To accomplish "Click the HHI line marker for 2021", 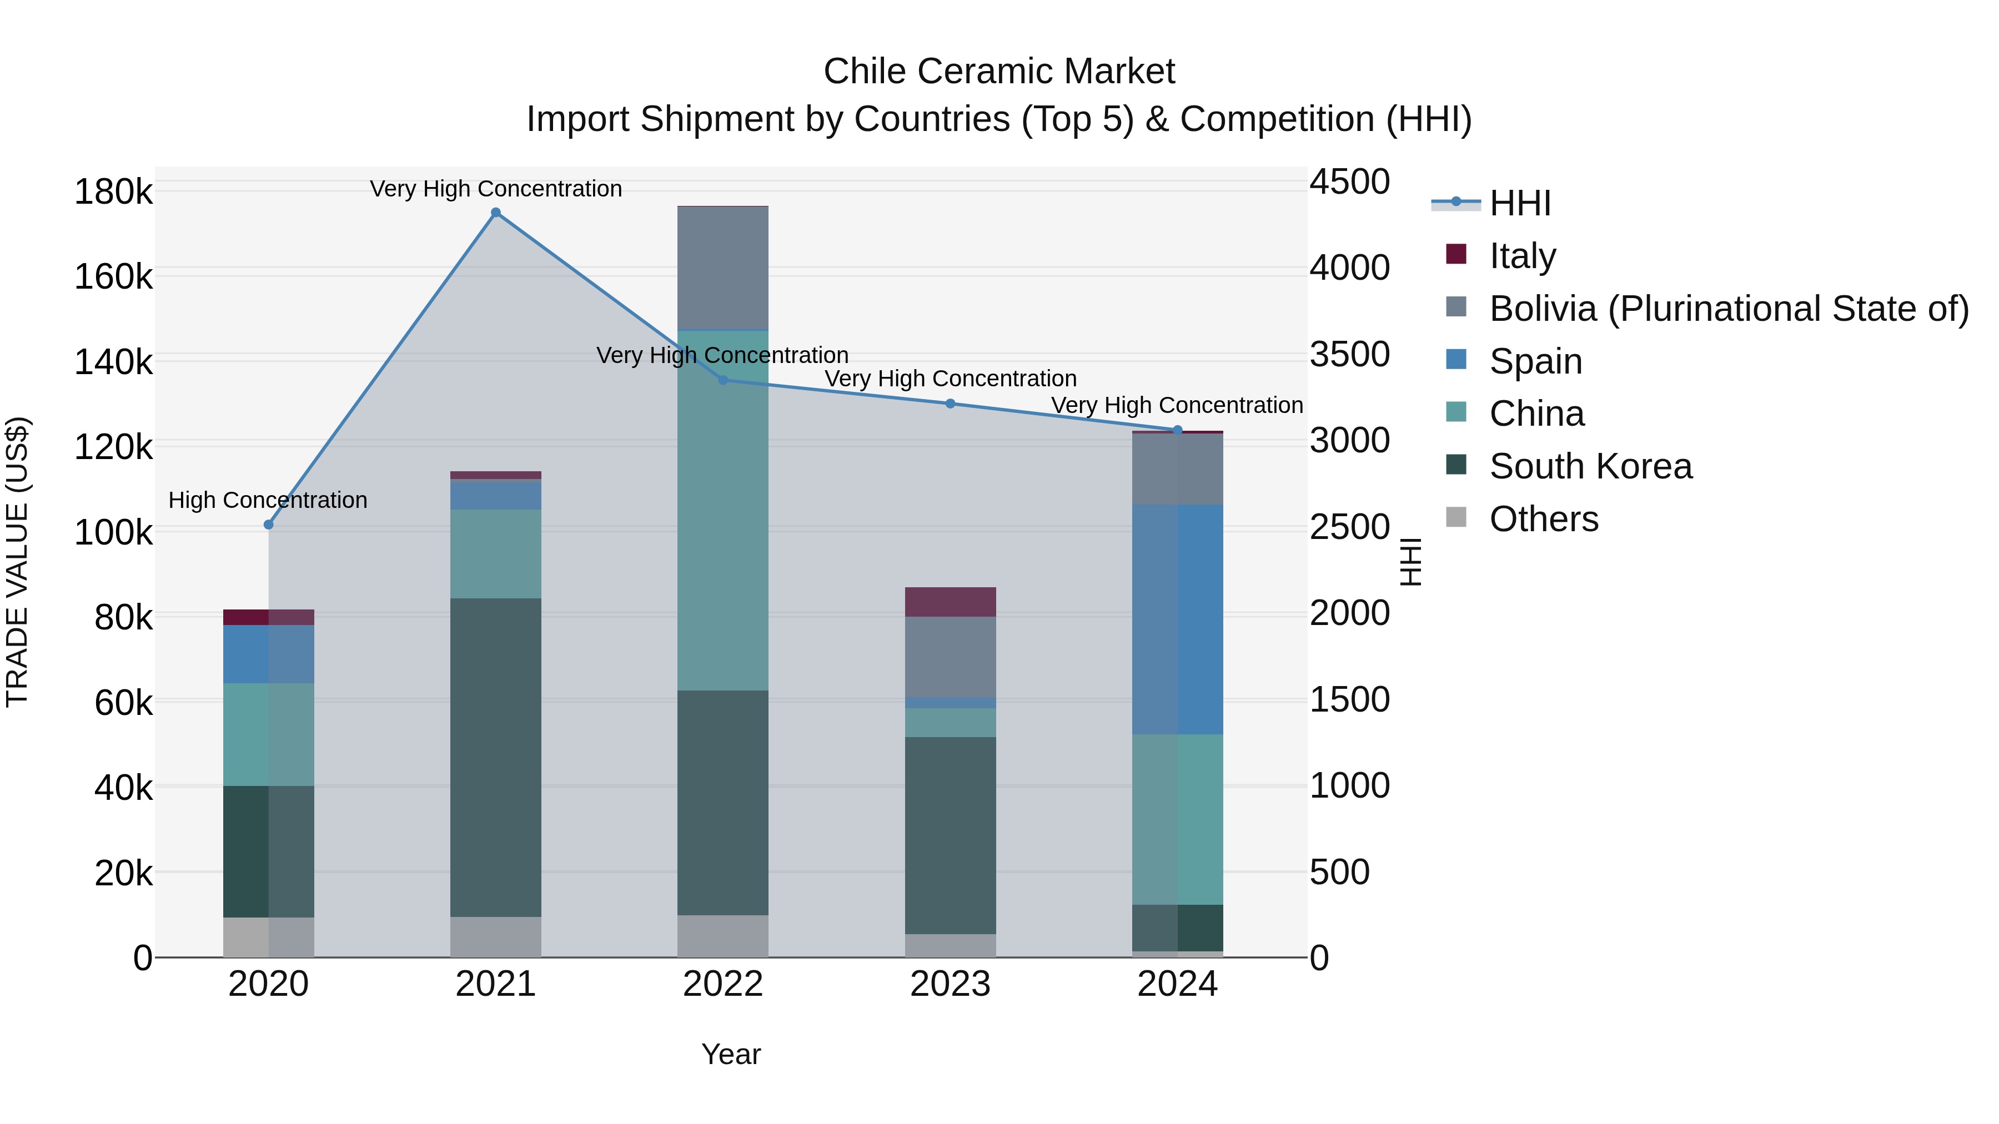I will point(496,213).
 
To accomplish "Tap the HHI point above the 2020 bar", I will point(269,525).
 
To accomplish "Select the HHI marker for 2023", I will point(950,404).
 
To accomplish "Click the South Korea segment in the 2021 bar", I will point(496,757).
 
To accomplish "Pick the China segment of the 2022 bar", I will point(722,511).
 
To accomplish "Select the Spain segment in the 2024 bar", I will point(1177,619).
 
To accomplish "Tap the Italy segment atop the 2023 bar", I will point(950,602).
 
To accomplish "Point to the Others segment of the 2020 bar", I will point(269,937).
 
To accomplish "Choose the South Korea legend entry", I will point(1590,466).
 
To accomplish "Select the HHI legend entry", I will point(1519,203).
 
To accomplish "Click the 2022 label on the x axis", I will point(722,984).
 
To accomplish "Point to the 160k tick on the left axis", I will point(113,276).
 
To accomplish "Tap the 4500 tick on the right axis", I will point(1349,182).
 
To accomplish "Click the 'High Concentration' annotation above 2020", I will point(268,500).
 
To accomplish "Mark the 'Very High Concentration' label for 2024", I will point(1177,405).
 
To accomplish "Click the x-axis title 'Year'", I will point(731,1054).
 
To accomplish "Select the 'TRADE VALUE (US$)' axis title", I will point(17,562).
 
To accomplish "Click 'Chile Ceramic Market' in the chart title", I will point(999,72).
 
